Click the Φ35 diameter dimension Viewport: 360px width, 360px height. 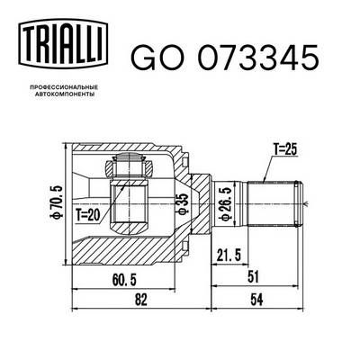click(183, 204)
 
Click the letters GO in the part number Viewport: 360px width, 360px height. click(153, 58)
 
